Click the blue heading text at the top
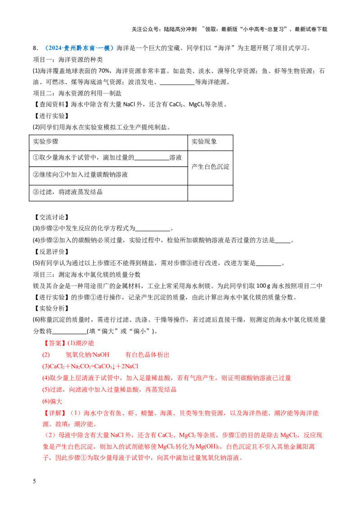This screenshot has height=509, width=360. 79,48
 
